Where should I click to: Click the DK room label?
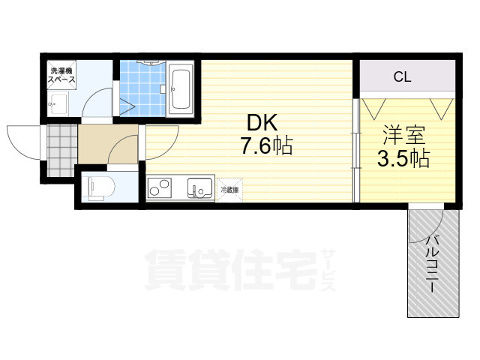coord(262,122)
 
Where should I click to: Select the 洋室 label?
coord(404,135)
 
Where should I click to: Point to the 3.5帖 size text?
coord(403,158)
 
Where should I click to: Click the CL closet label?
coord(402,76)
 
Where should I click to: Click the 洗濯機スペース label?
coord(61,75)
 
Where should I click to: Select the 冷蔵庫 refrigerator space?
coord(229,190)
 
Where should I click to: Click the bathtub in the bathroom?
coord(181,89)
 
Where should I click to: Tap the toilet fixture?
coord(100,188)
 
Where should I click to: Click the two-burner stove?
coord(160,187)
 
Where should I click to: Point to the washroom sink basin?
coord(58,103)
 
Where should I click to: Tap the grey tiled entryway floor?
coord(62,150)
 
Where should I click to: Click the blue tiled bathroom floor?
coord(142,88)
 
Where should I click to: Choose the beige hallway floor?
coord(108,144)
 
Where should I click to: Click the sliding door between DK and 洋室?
coord(356,150)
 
